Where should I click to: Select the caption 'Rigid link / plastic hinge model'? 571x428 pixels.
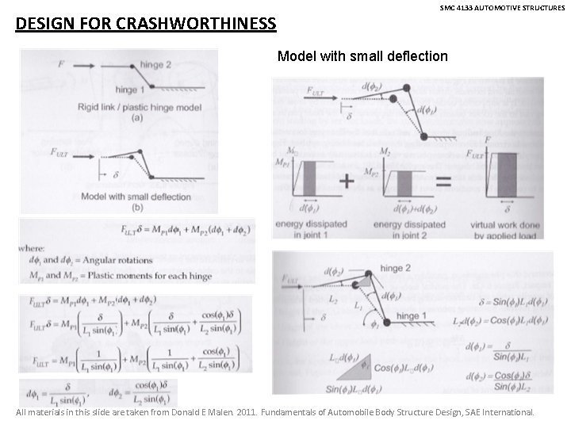[139, 107]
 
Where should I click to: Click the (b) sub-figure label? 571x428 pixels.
[137, 208]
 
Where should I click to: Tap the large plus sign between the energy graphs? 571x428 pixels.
[347, 181]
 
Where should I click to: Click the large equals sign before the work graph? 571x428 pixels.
[443, 181]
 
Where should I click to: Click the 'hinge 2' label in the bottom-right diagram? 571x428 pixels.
[397, 268]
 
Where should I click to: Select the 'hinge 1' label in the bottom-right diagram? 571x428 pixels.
[408, 316]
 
